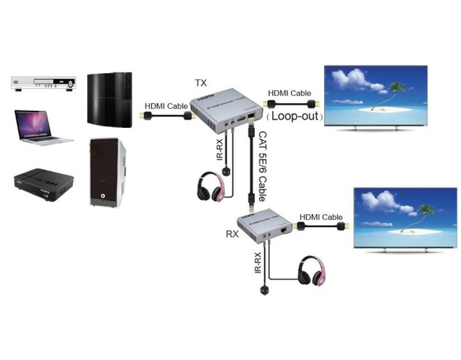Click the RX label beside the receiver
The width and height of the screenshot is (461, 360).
point(232,234)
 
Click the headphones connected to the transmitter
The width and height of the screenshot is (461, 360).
point(210,186)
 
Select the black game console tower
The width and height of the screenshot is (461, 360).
point(109,99)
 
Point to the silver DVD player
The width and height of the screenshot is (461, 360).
point(44,83)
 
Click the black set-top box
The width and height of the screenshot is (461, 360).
point(42,184)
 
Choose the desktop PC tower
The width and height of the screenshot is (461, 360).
point(108,173)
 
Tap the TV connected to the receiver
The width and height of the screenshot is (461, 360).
point(405,218)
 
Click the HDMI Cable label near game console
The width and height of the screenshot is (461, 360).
point(166,106)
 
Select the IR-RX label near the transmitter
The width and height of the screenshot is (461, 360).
point(220,149)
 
